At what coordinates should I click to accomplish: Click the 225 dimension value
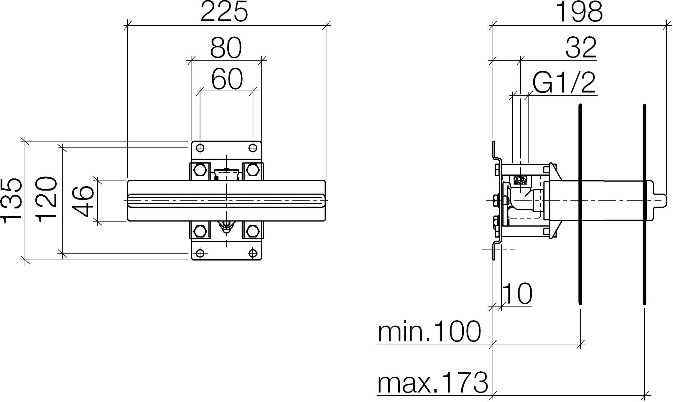(224, 12)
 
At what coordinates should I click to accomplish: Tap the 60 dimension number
(227, 79)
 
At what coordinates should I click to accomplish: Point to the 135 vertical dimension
(12, 201)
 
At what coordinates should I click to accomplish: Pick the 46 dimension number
(83, 201)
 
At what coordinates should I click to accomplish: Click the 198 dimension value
(579, 12)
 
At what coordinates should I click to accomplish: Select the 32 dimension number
(581, 48)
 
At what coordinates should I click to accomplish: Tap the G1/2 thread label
(564, 83)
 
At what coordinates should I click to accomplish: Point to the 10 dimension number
(518, 294)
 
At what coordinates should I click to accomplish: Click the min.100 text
(429, 332)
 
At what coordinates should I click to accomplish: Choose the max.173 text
(433, 383)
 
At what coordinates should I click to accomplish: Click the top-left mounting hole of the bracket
(200, 148)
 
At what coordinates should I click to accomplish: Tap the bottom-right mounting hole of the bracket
(253, 253)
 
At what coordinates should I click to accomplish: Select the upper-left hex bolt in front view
(200, 169)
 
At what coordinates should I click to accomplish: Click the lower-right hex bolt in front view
(252, 231)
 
